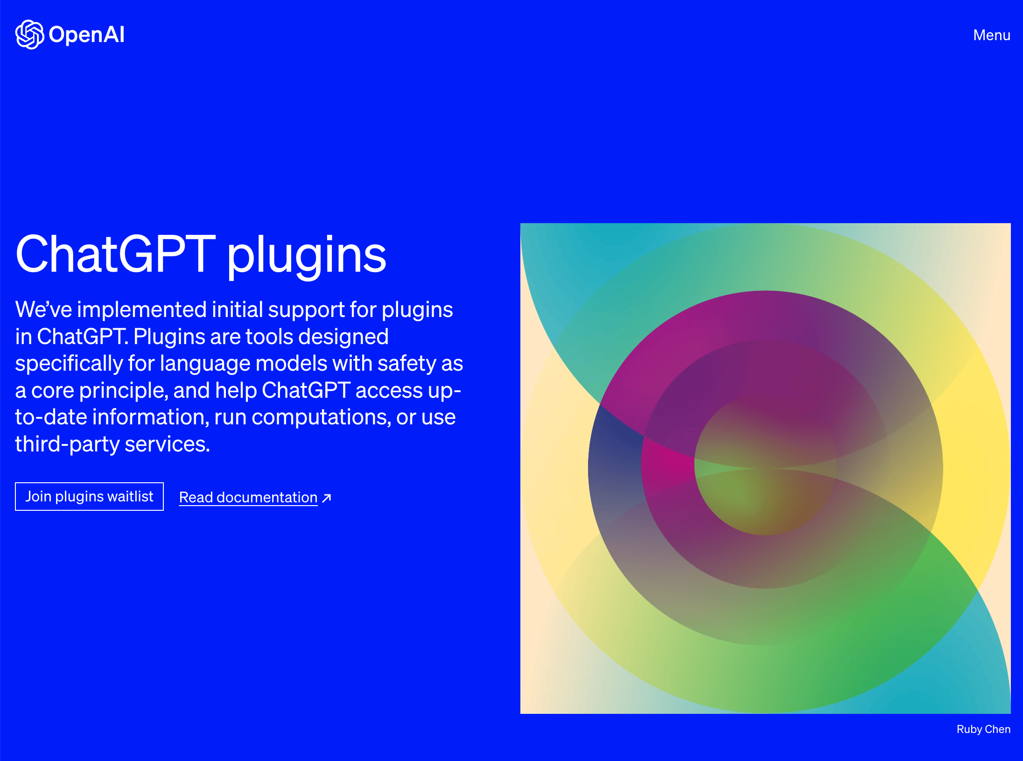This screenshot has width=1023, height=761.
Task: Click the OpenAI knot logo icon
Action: tap(30, 35)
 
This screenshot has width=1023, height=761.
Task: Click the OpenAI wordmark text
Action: tap(87, 35)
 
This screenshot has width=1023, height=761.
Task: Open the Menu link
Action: tap(992, 35)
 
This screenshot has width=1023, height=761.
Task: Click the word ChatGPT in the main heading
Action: tap(115, 254)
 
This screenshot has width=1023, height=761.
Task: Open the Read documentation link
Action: tap(248, 498)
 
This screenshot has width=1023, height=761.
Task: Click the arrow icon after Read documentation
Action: tap(327, 498)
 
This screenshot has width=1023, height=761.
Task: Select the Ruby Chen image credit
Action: tap(983, 729)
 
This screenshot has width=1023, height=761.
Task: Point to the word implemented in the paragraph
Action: tap(142, 310)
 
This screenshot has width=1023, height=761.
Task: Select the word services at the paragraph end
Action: tap(167, 444)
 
